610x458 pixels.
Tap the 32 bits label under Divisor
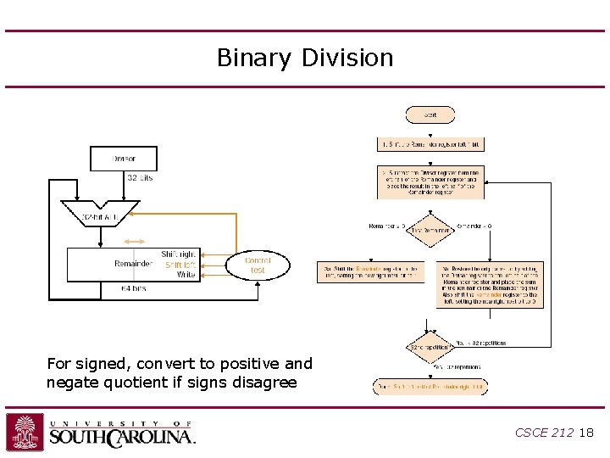coord(140,178)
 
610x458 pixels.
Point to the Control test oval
coord(258,265)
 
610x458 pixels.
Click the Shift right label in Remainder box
coord(178,254)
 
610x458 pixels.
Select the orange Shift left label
coord(180,264)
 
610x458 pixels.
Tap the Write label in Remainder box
coord(186,274)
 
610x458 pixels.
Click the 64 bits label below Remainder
coord(133,288)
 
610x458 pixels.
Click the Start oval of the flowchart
coord(430,114)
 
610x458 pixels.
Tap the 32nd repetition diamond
coord(430,348)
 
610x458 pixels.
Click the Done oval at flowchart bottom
coord(430,387)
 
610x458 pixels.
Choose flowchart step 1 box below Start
coord(430,144)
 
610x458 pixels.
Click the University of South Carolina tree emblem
coord(25,432)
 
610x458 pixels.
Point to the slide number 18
coord(586,433)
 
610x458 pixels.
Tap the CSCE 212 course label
coord(544,433)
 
